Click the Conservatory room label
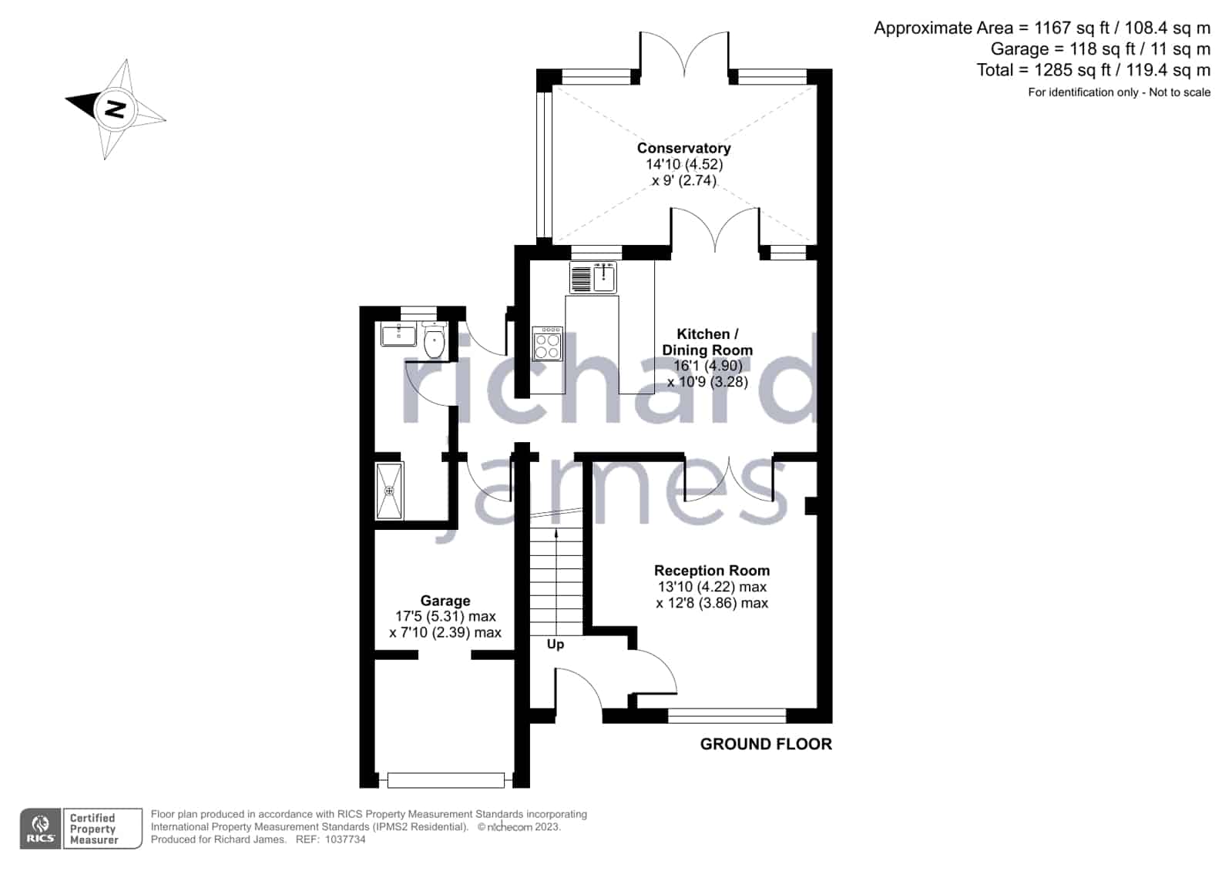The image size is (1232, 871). click(x=683, y=148)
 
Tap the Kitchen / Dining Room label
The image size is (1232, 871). click(x=707, y=342)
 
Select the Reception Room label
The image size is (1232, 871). click(x=712, y=570)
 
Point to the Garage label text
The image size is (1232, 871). click(x=445, y=601)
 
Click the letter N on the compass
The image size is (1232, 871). click(x=115, y=109)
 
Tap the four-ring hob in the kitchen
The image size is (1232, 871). click(x=547, y=344)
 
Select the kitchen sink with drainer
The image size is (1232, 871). click(x=593, y=278)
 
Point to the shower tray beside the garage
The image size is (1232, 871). click(x=389, y=491)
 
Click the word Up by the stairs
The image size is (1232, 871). click(x=556, y=644)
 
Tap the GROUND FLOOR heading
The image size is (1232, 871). click(x=766, y=744)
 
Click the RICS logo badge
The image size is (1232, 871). click(x=41, y=829)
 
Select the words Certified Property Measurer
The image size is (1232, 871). click(x=93, y=829)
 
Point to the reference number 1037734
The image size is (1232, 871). click(x=345, y=839)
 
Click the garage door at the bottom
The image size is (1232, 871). click(x=445, y=780)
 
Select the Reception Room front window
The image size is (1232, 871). click(x=727, y=715)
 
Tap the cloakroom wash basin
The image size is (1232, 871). click(x=398, y=335)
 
